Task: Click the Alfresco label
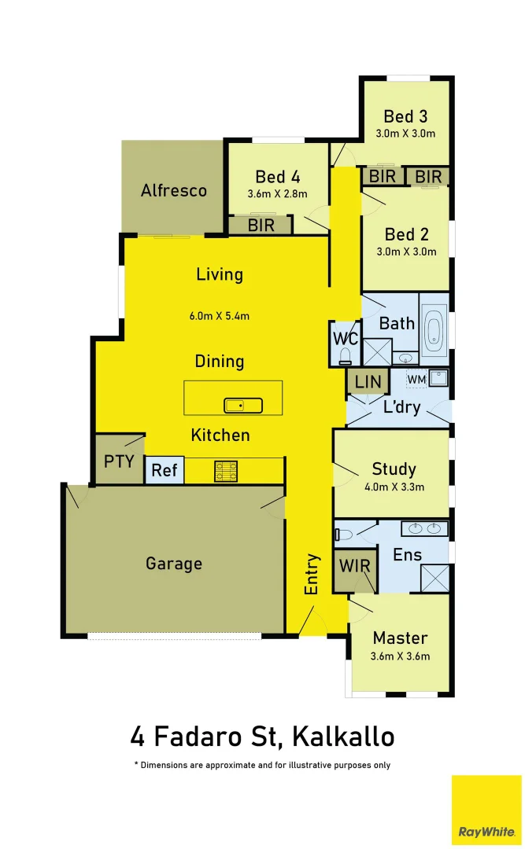173,190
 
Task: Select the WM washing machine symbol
416,380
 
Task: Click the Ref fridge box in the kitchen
165,470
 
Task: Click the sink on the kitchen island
243,406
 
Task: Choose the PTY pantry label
119,461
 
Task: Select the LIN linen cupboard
368,382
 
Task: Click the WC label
346,340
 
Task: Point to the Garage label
173,564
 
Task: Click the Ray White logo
486,810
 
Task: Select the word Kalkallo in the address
342,737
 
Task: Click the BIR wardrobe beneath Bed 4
260,226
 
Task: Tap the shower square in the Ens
434,578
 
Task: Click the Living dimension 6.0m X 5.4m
219,316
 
